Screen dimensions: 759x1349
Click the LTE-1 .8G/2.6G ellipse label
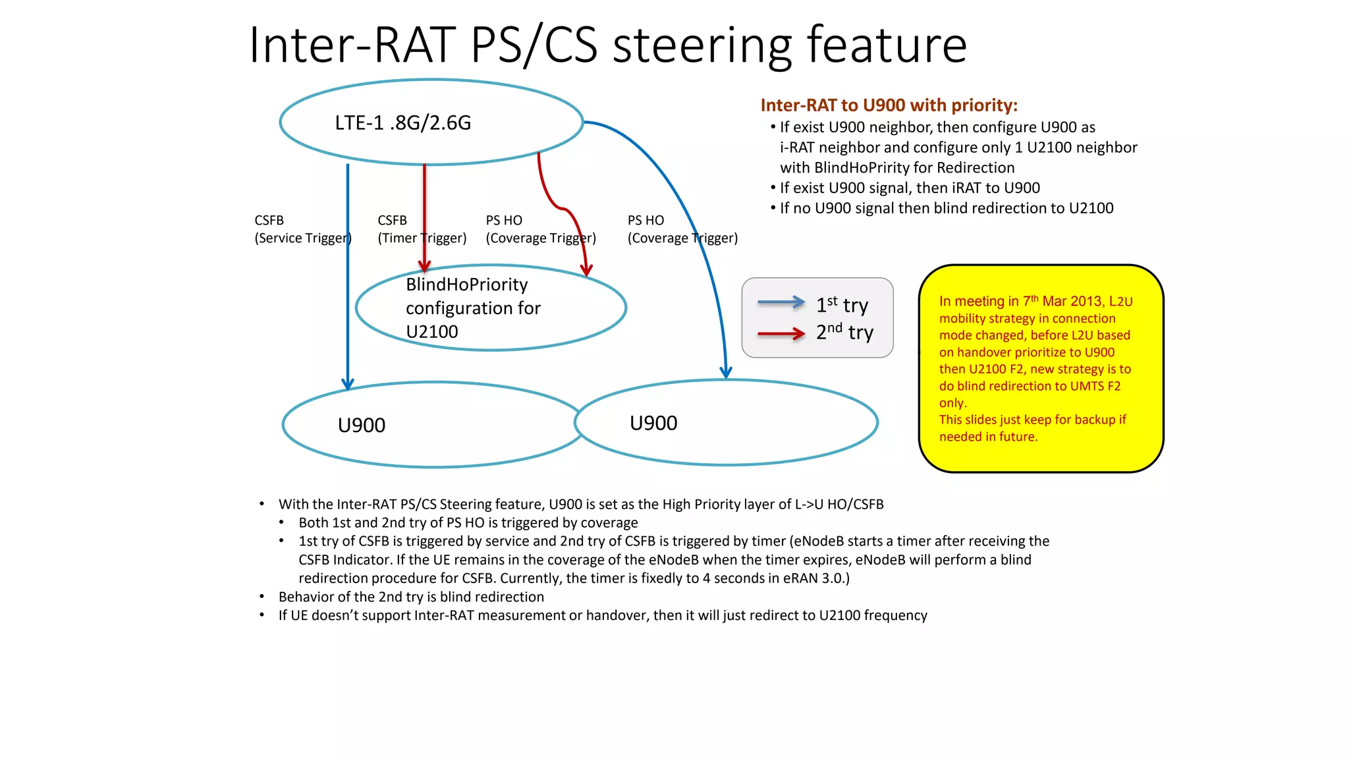coord(402,123)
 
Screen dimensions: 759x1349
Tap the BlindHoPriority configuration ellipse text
coord(472,308)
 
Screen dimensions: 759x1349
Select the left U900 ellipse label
coord(361,426)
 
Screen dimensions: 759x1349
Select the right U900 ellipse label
coord(653,423)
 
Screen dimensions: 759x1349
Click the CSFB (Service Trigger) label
coord(302,229)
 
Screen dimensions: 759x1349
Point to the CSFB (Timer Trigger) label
coord(422,229)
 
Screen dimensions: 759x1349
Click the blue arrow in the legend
coord(781,302)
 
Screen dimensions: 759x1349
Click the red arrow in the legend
coord(781,334)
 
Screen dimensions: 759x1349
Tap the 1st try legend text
coord(842,305)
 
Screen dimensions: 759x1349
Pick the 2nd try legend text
coord(844,332)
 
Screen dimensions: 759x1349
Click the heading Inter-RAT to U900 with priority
coord(889,105)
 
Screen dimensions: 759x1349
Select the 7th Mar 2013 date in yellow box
coord(1062,301)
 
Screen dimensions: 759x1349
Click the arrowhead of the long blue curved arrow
coord(726,374)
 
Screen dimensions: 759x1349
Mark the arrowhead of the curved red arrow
coord(586,271)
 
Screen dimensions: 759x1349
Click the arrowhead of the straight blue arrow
coord(348,384)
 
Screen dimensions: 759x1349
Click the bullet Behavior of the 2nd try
coord(411,597)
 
